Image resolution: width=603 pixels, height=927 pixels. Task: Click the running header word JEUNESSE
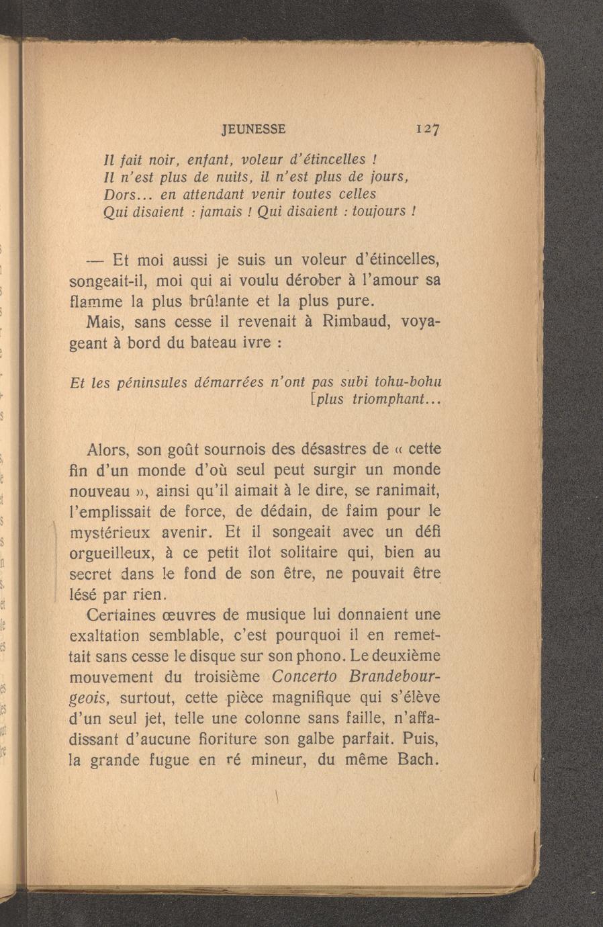coord(254,128)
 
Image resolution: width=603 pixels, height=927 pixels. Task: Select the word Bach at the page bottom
coord(416,761)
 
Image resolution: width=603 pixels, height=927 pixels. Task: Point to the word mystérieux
coord(111,533)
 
